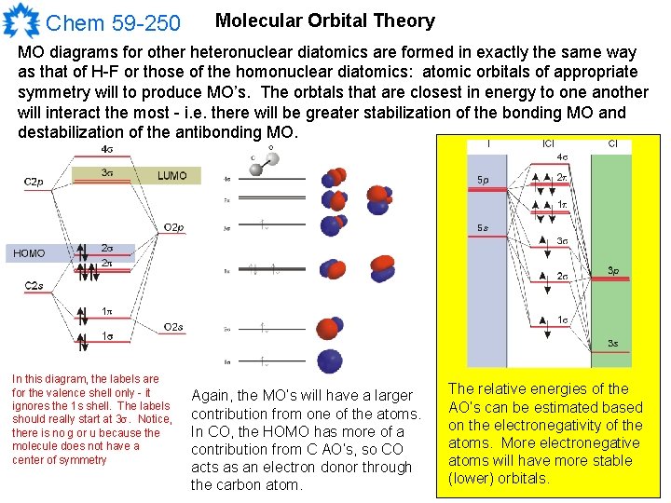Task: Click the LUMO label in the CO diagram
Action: point(171,175)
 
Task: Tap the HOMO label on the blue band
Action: point(29,253)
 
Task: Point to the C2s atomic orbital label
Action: point(34,285)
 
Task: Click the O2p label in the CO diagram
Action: point(174,228)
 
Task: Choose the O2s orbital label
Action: point(174,327)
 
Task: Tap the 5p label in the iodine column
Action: point(483,180)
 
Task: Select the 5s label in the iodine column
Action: point(483,228)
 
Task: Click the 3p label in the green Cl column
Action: point(613,271)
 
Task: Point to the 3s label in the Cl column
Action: point(613,344)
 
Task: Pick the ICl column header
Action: point(548,144)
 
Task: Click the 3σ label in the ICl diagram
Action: point(562,241)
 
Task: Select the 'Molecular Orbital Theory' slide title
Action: point(324,20)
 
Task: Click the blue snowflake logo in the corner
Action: point(21,20)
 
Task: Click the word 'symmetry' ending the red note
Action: point(82,459)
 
